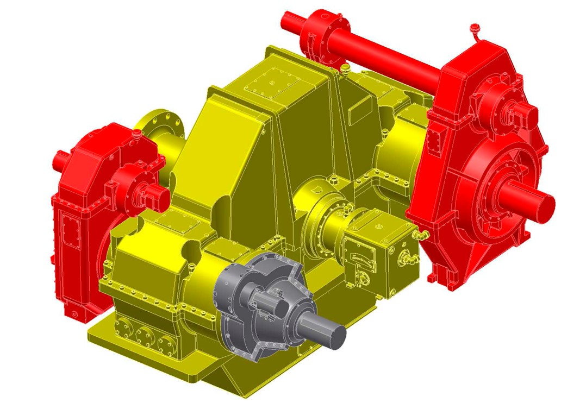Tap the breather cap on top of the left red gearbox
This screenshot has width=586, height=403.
pyautogui.click(x=136, y=133)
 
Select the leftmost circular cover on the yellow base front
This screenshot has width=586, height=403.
pyautogui.click(x=124, y=329)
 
